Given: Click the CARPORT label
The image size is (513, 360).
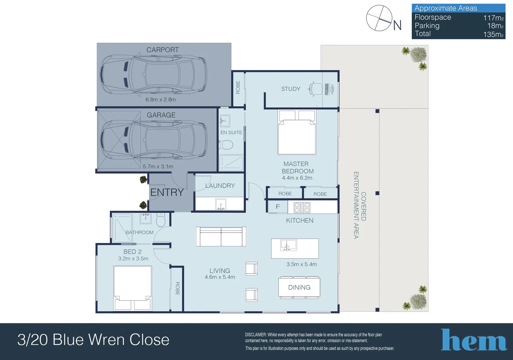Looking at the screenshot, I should [x=163, y=50].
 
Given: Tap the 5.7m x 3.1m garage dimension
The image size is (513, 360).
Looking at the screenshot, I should [x=158, y=167].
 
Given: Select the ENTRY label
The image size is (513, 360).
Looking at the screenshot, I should [x=167, y=192].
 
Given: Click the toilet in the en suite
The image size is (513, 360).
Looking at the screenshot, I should [x=227, y=145].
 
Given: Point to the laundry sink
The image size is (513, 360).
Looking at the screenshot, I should [x=221, y=204].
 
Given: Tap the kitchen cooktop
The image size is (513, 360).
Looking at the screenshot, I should [x=302, y=207].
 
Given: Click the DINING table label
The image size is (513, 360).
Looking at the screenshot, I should [x=299, y=287].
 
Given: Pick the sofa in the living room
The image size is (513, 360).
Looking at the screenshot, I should [x=221, y=237].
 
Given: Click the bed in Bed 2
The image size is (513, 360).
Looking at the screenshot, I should [x=133, y=288].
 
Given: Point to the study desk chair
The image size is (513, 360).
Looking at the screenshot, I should [x=315, y=89].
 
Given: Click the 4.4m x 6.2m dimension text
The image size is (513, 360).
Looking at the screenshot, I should [x=297, y=178].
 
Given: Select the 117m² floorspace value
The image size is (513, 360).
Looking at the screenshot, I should [x=493, y=18].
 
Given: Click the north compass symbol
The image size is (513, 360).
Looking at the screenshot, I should [x=379, y=18].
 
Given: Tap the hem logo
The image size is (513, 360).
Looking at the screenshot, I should [x=474, y=340].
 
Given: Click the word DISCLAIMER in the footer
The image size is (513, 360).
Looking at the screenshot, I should [x=256, y=335].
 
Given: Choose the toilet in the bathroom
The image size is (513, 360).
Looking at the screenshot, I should [x=161, y=220].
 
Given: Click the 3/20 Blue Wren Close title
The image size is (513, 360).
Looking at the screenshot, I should [x=93, y=340].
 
